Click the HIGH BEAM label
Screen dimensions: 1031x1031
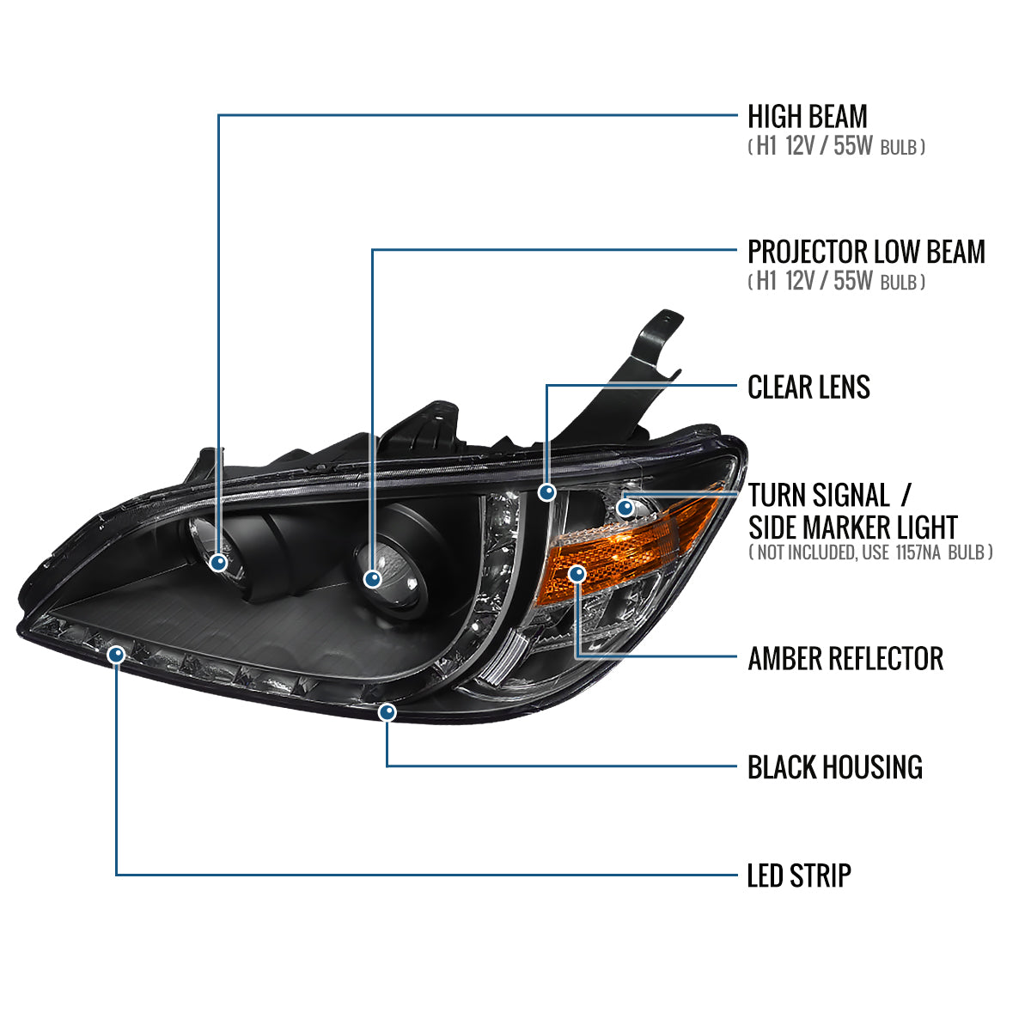click(x=807, y=116)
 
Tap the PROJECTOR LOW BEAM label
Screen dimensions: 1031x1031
click(x=866, y=252)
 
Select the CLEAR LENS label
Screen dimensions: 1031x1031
click(x=808, y=387)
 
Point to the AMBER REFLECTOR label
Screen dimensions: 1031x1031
click(x=845, y=659)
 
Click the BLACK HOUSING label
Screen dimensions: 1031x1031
click(x=834, y=766)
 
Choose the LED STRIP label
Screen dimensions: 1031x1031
click(x=799, y=875)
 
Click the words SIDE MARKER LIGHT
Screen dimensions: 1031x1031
click(x=852, y=526)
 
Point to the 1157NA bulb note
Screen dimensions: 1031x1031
click(x=870, y=552)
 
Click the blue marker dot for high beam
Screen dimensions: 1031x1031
click(x=219, y=563)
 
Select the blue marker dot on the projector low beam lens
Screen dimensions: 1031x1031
click(x=372, y=578)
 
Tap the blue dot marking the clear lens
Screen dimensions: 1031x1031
click(x=546, y=492)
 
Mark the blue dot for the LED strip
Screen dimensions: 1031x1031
click(x=117, y=656)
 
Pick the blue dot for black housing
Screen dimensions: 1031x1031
click(x=387, y=712)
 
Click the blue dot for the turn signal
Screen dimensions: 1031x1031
click(x=625, y=507)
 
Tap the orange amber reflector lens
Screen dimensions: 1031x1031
click(x=636, y=541)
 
